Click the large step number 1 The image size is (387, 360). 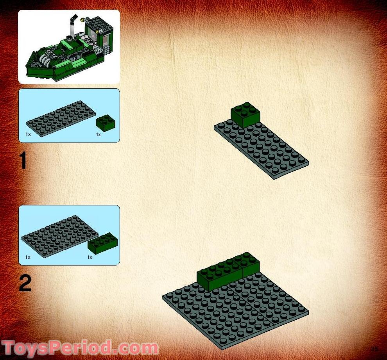[24, 160]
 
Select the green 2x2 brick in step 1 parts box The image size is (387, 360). [106, 123]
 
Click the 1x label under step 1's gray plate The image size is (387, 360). [28, 134]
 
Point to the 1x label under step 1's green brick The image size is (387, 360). [98, 135]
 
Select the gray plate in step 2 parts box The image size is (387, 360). [55, 236]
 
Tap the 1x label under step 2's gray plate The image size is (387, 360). [28, 257]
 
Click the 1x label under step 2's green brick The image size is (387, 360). [90, 257]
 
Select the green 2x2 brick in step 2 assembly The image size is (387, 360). [250, 264]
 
